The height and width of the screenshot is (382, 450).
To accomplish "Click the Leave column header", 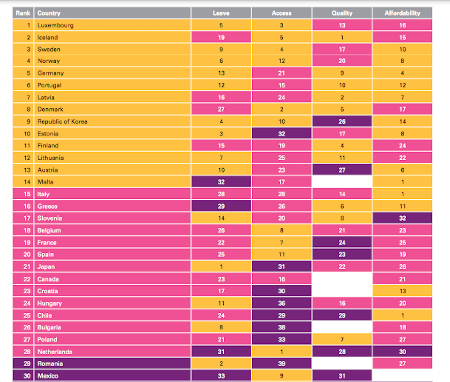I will pos(221,13).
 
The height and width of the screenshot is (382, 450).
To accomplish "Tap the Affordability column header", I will pos(402,13).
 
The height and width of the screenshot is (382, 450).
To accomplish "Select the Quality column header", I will pos(342,13).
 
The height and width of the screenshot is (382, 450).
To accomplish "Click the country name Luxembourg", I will pos(55,25).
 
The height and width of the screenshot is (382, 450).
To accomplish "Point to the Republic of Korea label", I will pos(62,121).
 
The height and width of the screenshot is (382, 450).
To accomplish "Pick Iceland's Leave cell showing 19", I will pos(221,37).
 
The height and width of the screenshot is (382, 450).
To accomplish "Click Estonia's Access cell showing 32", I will pos(282,134).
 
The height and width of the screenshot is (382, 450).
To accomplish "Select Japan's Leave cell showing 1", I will pos(221,266).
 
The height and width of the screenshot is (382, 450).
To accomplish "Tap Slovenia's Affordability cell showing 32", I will pos(402,218).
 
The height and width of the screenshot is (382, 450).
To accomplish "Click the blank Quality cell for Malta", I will pos(342,182).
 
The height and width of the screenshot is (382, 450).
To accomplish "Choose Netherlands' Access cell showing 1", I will pos(282,351).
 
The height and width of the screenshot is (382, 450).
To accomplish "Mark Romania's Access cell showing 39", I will pos(282,363).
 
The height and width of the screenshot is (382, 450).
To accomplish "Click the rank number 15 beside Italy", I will pos(27,194).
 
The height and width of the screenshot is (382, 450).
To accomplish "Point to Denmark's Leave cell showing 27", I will pos(221,109).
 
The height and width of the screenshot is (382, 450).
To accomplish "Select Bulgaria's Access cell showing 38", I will pos(282,327).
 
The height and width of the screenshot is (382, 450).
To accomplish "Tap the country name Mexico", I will pos(48,376).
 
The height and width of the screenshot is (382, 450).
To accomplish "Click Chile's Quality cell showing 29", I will pos(342,315).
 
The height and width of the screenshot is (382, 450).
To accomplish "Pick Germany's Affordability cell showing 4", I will pos(402,73).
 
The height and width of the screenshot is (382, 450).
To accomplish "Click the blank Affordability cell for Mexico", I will pos(402,376).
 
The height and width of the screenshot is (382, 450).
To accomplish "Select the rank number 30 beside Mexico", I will pos(27,376).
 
